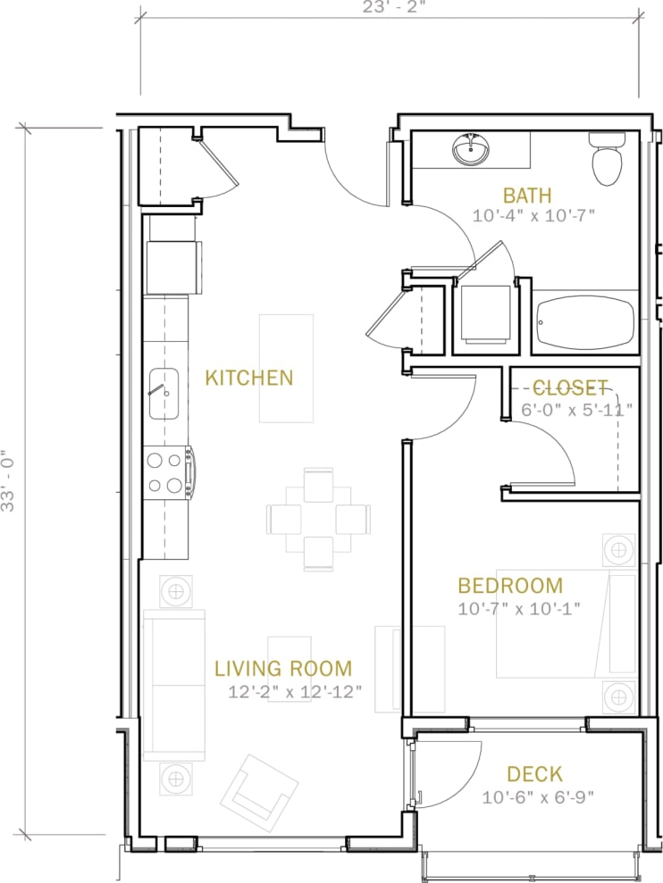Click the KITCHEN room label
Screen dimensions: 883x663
click(x=248, y=378)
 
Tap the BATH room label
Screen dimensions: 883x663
click(x=526, y=195)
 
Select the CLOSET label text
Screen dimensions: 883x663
click(x=570, y=387)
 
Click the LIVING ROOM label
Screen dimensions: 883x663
click(x=282, y=668)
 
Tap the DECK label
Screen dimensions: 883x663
click(x=534, y=774)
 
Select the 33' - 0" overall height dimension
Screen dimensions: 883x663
click(x=9, y=479)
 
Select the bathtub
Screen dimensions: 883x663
click(x=584, y=318)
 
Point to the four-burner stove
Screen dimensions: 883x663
click(x=166, y=473)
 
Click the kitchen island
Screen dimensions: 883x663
click(x=286, y=368)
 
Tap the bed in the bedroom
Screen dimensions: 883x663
click(x=566, y=624)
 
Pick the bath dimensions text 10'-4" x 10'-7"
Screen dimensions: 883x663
click(x=534, y=215)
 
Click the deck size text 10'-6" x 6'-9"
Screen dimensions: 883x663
click(x=538, y=797)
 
